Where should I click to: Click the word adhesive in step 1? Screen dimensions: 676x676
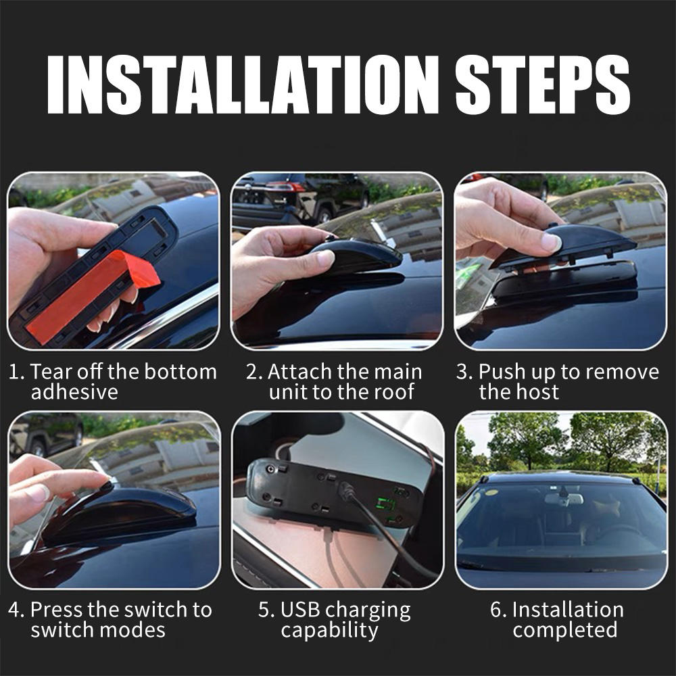tap(74, 392)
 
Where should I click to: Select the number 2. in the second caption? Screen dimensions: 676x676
tap(254, 372)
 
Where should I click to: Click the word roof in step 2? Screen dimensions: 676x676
tap(391, 392)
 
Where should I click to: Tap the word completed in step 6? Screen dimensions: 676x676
tap(565, 630)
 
